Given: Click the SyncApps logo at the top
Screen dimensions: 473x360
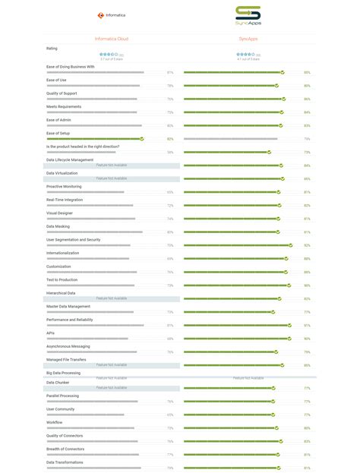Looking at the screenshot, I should (248, 15).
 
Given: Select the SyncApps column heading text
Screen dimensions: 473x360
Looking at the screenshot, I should (248, 38).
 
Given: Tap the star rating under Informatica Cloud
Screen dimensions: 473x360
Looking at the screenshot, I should (108, 55).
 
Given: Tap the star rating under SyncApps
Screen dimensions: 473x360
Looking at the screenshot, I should (245, 55).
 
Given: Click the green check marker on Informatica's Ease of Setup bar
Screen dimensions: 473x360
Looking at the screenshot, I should (141, 139).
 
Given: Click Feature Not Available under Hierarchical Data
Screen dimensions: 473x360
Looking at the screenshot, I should (112, 298).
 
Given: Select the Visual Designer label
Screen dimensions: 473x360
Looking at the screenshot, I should (60, 213).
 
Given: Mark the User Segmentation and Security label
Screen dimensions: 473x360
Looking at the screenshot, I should (73, 239).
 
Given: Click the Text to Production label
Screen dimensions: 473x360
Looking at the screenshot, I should (63, 279).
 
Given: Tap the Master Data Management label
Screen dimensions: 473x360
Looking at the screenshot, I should (68, 306).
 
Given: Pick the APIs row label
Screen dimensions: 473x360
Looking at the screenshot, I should (50, 333).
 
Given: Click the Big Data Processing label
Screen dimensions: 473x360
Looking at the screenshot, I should (63, 373).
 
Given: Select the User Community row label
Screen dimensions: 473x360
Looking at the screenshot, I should (61, 408).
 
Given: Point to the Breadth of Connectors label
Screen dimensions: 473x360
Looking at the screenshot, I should (65, 449).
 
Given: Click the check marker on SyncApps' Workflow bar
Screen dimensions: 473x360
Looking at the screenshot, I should (276, 427).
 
